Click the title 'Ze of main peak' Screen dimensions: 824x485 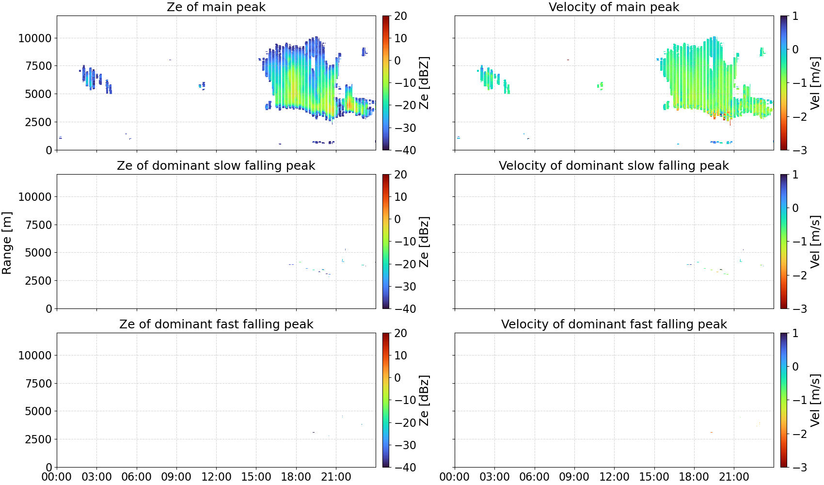[x=216, y=7]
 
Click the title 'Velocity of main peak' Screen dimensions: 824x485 [x=614, y=7]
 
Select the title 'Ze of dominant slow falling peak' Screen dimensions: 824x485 [x=216, y=165]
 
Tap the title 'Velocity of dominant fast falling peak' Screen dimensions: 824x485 [x=614, y=324]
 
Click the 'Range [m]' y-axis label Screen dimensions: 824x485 [x=7, y=243]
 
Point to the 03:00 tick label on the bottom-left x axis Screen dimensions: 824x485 [x=96, y=477]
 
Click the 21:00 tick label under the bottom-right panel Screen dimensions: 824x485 [x=734, y=477]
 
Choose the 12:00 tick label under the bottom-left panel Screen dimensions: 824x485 [x=216, y=477]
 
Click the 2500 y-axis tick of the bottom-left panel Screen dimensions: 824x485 [x=39, y=439]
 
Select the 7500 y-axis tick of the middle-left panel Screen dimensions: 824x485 [x=39, y=225]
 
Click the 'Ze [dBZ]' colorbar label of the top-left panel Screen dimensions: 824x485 [x=424, y=83]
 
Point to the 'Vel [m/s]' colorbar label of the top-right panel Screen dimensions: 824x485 [x=816, y=83]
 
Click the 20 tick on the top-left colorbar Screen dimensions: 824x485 [x=400, y=16]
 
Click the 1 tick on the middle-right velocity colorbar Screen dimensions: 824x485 [x=795, y=175]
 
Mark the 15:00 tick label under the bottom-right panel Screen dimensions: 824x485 [x=654, y=477]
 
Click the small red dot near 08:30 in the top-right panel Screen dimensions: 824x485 [x=568, y=60]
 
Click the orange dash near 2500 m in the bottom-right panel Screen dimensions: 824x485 [x=712, y=433]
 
